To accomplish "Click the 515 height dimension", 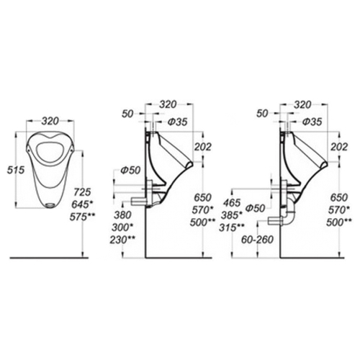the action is (16, 170).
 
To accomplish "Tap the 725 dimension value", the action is (82, 192).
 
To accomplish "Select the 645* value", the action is (82, 204).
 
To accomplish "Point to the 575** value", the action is (82, 217).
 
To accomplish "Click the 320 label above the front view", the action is (50, 121).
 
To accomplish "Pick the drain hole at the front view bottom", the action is (50, 205).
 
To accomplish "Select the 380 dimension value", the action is (122, 215).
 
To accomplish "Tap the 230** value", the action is (122, 240).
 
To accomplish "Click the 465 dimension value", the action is (232, 203).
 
